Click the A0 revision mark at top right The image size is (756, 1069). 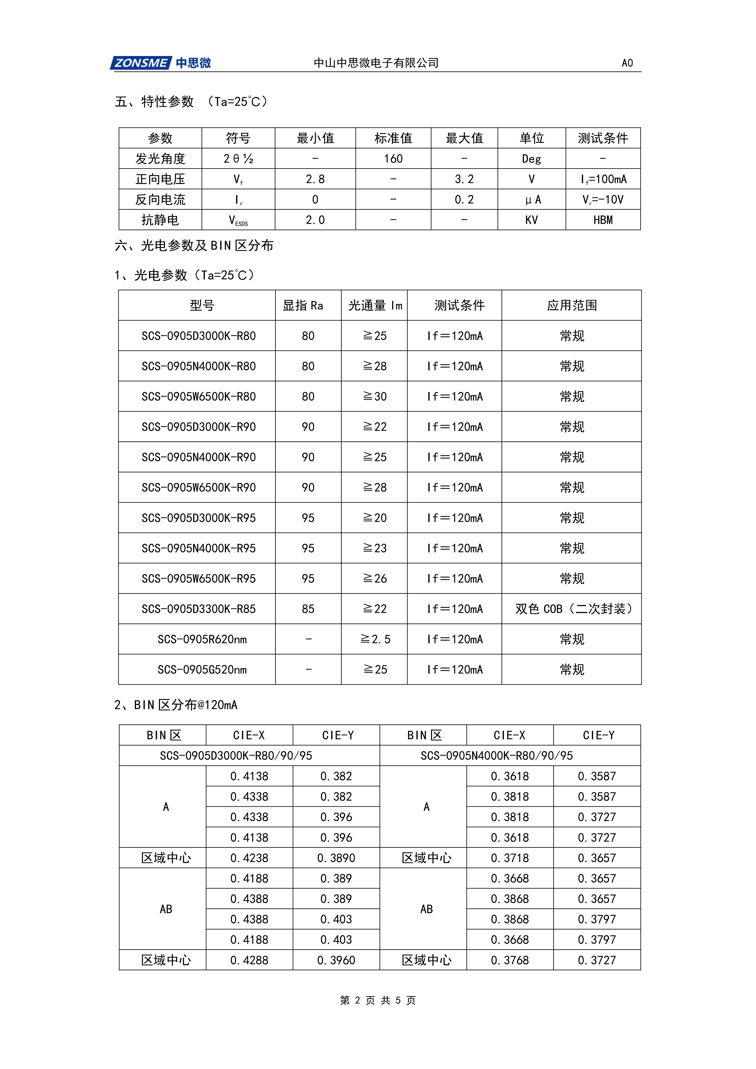click(627, 63)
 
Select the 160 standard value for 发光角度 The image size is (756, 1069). click(393, 159)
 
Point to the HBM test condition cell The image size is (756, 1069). click(603, 220)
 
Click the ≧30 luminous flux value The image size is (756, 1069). click(375, 397)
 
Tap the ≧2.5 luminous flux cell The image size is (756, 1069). click(375, 639)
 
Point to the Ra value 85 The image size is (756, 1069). click(308, 609)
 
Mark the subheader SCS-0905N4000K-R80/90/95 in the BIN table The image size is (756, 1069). click(497, 756)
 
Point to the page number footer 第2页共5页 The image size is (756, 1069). click(378, 1000)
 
